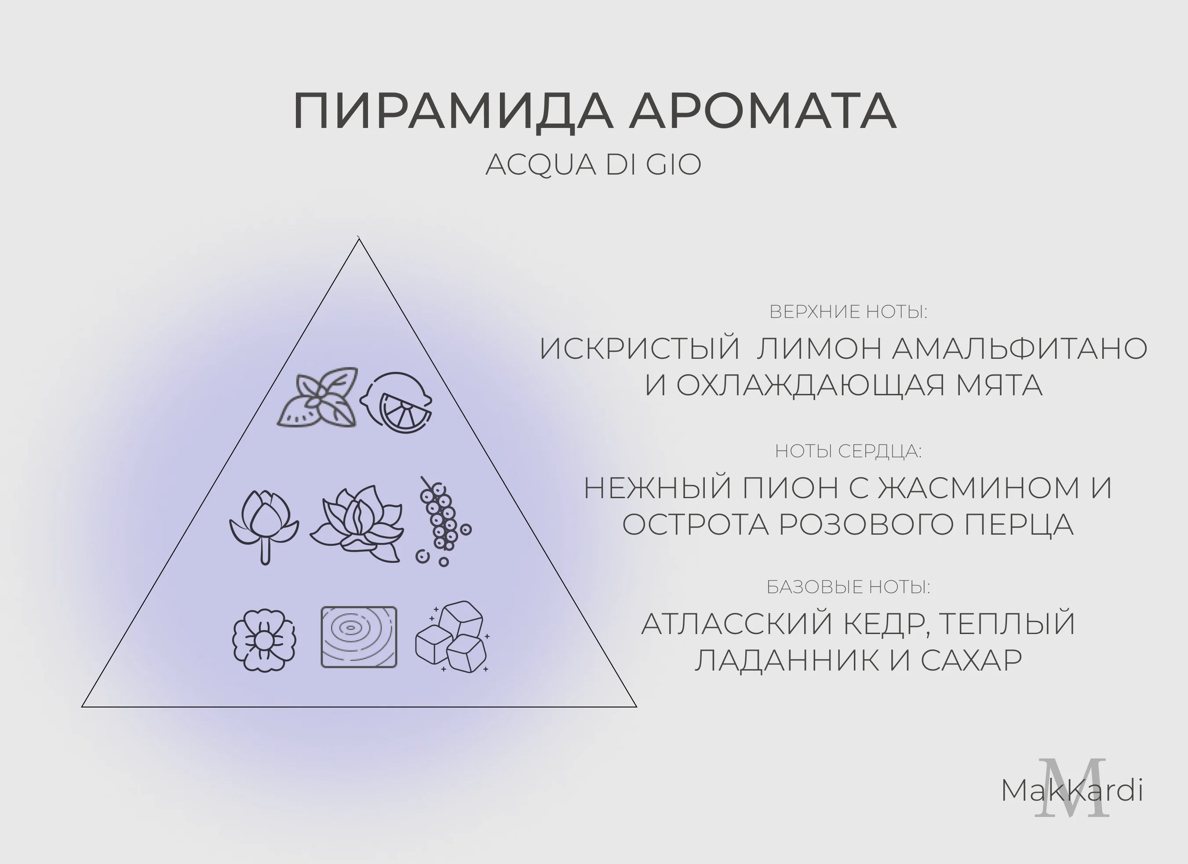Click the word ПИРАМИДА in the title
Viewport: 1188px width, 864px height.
[453, 111]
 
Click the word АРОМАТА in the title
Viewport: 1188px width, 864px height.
[763, 111]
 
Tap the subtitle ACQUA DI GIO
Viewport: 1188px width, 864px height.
[594, 164]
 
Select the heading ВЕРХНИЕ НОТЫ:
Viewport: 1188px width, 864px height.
[848, 312]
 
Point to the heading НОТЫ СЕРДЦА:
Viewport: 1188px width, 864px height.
[848, 451]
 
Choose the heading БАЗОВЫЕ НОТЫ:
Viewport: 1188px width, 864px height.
[848, 587]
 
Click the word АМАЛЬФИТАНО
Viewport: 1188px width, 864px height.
[1019, 349]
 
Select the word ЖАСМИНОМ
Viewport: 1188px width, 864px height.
[978, 488]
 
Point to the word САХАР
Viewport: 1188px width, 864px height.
[971, 660]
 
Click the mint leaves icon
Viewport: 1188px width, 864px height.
[317, 397]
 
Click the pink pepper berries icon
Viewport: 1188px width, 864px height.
[444, 521]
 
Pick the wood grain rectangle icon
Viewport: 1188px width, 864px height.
[359, 637]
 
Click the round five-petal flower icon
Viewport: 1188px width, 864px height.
[264, 640]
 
